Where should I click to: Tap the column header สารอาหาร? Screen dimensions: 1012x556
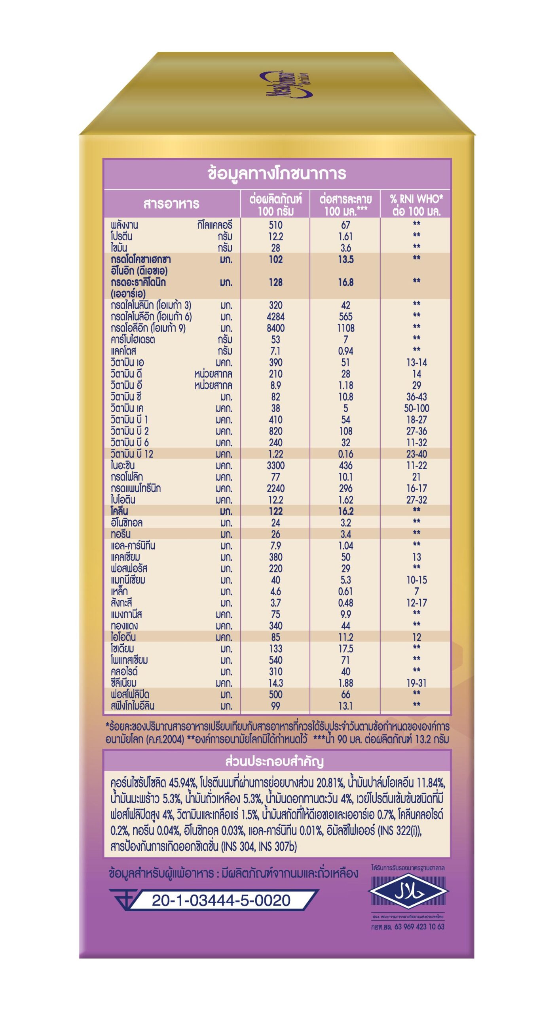[x=171, y=204]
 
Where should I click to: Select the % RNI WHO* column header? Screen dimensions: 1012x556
[x=416, y=205]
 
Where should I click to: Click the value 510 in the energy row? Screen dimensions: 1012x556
[x=275, y=225]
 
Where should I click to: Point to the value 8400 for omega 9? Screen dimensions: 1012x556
[x=275, y=328]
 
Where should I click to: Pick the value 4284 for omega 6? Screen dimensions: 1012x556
[x=275, y=317]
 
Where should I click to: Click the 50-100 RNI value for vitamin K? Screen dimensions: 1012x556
[x=416, y=408]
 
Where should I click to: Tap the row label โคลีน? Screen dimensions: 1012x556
[x=119, y=511]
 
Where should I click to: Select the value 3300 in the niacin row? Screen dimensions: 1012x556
[x=275, y=466]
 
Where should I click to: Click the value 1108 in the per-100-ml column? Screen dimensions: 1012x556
[x=345, y=328]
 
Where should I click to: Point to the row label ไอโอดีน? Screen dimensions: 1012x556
[x=123, y=637]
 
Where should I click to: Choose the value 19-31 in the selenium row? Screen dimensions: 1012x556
[x=416, y=683]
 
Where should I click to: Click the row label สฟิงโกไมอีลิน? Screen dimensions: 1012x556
[x=132, y=706]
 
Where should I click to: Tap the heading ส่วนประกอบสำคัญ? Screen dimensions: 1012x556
[x=274, y=761]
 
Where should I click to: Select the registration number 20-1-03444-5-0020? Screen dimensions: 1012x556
[x=221, y=901]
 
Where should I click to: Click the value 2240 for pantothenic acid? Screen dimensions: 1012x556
[x=275, y=489]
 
